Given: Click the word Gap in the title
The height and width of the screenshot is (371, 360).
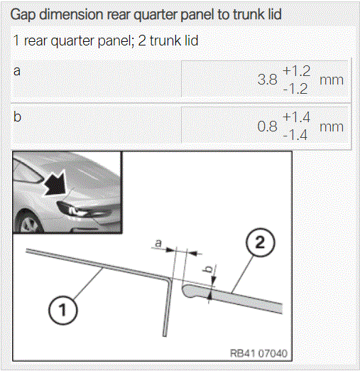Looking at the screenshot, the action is [x=23, y=15].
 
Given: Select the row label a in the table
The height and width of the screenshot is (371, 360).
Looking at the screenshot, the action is [x=17, y=71].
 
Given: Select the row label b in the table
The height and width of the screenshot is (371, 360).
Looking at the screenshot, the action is [x=17, y=117].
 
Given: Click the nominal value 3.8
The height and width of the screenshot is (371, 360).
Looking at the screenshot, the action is [x=268, y=80].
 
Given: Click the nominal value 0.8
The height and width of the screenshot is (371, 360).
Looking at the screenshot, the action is [x=268, y=127].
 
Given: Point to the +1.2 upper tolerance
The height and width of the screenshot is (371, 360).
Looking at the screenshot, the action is [x=296, y=71].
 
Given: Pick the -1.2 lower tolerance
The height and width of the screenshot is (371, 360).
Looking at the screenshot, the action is [x=295, y=89].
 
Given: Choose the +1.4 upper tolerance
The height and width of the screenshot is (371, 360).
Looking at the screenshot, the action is [x=296, y=117].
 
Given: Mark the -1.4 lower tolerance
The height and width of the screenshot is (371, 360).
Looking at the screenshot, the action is [x=295, y=135].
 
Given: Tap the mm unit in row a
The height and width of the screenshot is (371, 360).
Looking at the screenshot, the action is [x=332, y=80].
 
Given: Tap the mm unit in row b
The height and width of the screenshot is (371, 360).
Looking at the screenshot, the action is [x=332, y=127].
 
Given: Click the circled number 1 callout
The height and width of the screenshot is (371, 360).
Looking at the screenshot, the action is [x=63, y=310].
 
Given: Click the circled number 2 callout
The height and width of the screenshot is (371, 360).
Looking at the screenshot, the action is [x=261, y=242].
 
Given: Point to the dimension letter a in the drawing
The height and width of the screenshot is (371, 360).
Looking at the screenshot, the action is [x=158, y=243].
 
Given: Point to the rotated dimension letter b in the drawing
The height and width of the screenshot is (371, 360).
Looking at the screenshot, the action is [x=209, y=269].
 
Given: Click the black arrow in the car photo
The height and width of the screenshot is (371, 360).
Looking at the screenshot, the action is [x=55, y=183].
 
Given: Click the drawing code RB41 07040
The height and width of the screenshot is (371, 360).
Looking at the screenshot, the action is [x=258, y=353].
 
